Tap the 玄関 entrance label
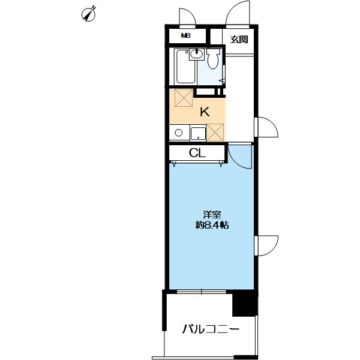coord(239,40)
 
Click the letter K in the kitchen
coord(204,112)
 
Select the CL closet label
coord(197,154)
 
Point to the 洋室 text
coord(211,214)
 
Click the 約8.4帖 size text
coord(211,226)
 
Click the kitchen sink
coord(197,132)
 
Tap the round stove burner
coord(177,133)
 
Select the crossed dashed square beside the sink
coord(215,131)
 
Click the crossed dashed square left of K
coord(182,98)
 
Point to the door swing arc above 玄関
coord(239,13)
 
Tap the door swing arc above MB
coord(187,17)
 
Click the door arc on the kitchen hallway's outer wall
coord(266,127)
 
